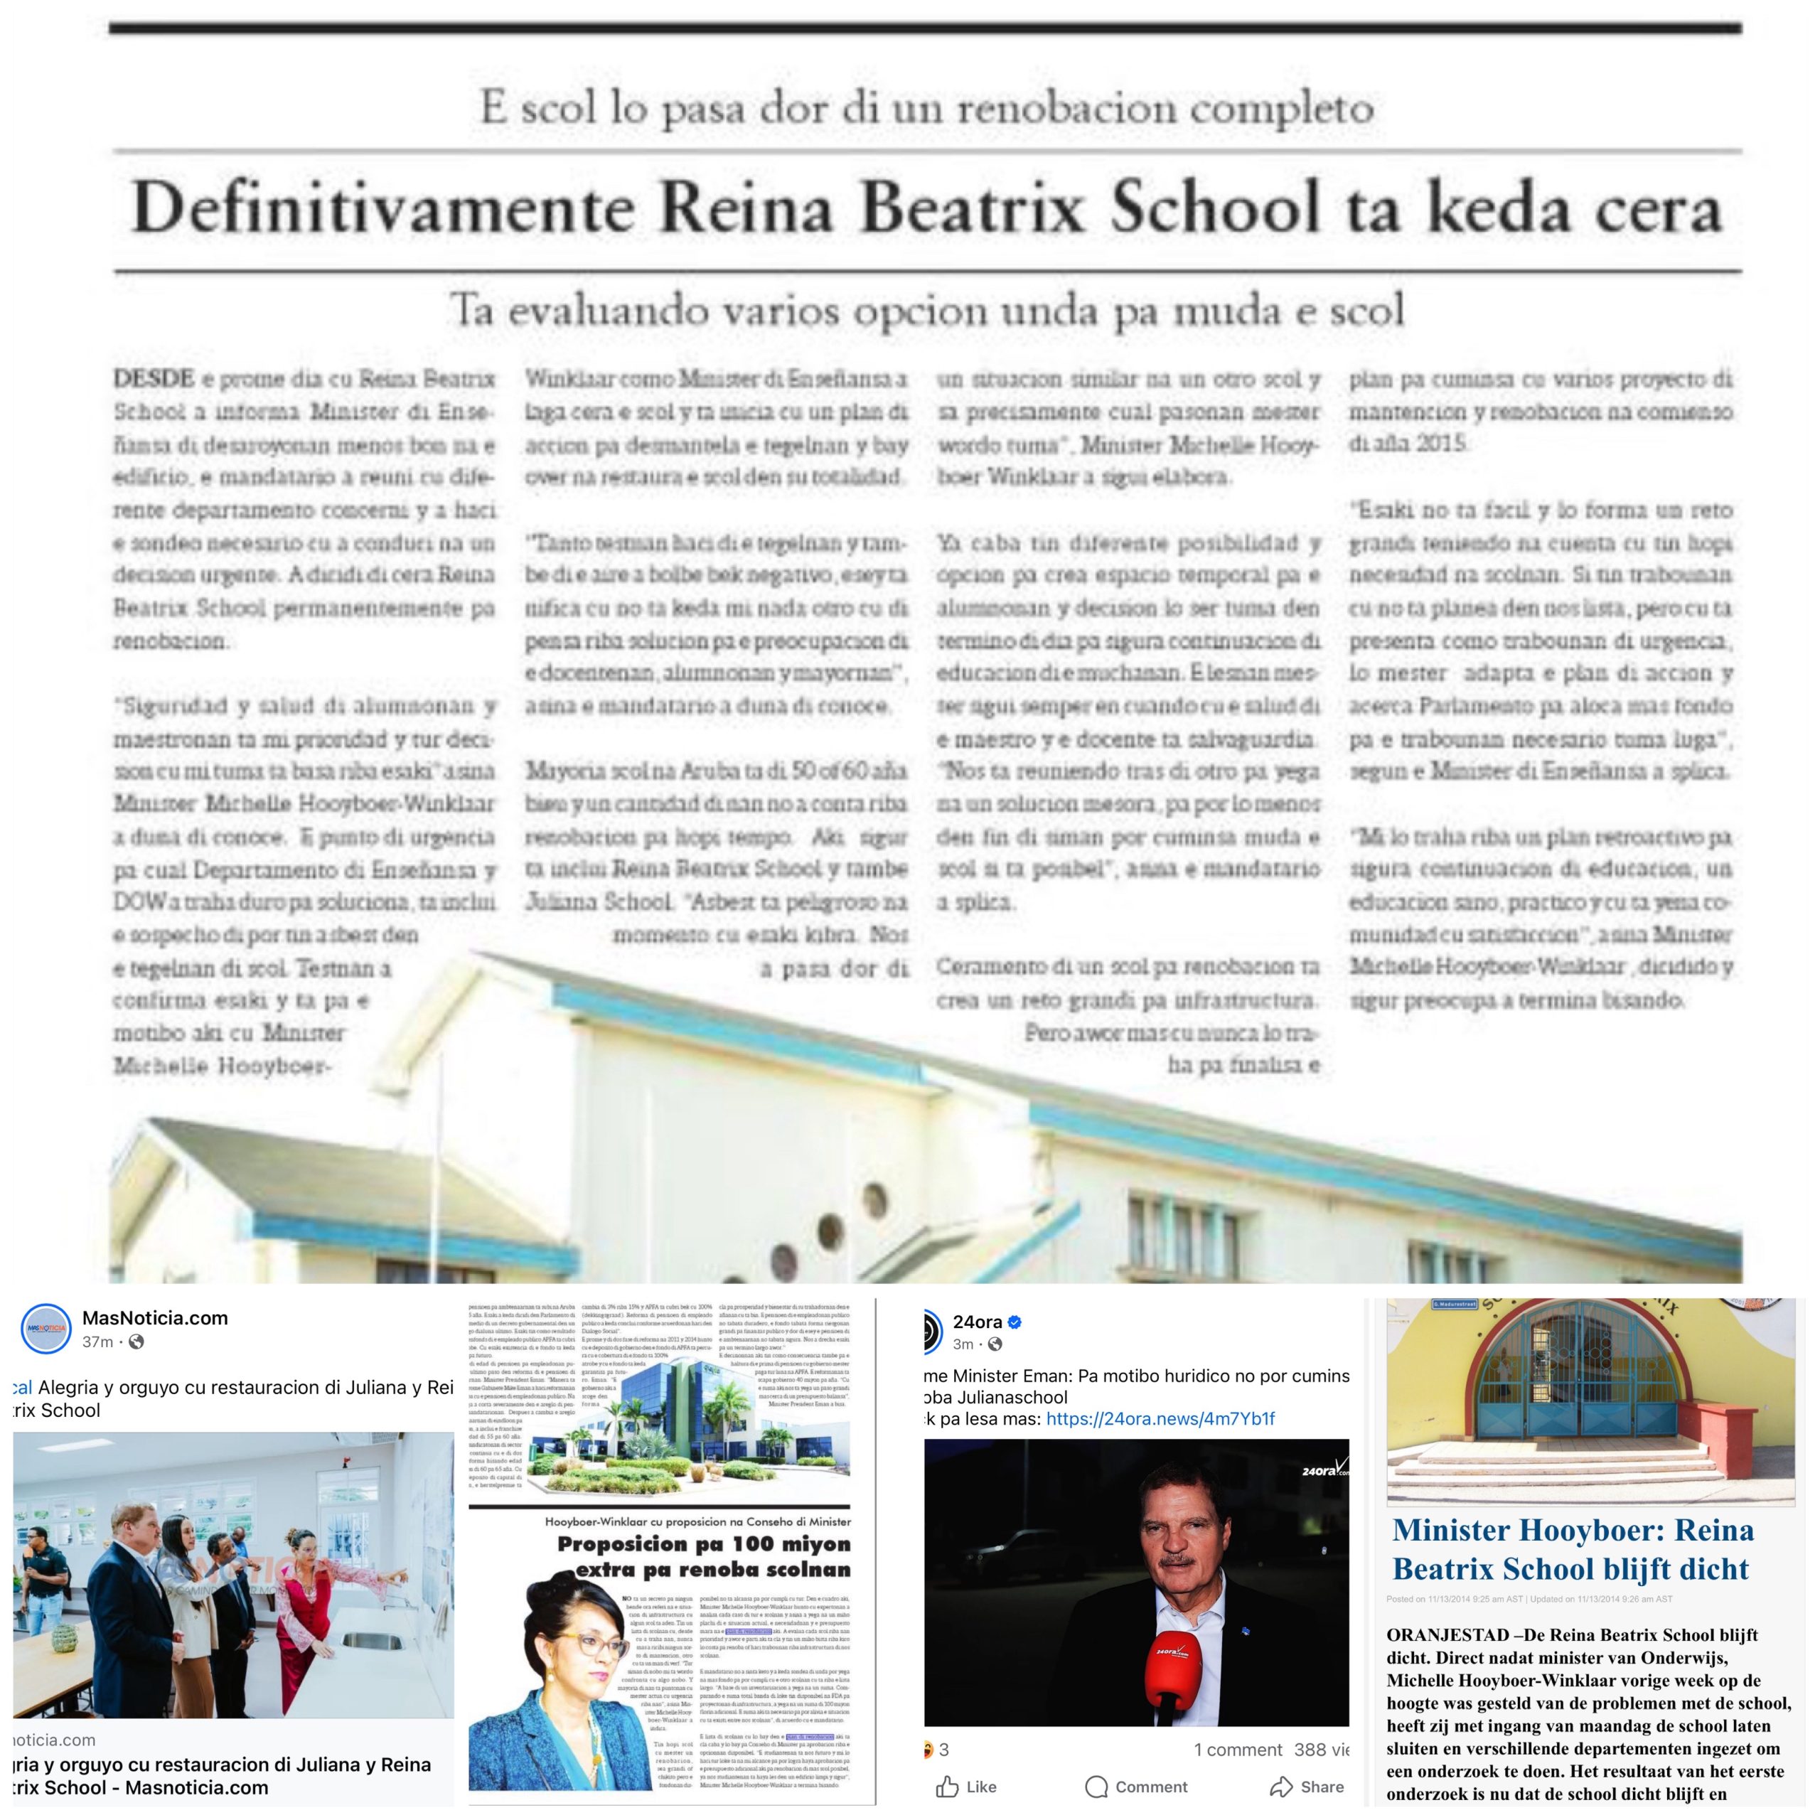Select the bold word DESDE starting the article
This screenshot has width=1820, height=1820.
point(154,379)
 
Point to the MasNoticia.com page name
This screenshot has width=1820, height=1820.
point(154,1318)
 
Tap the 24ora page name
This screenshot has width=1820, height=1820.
point(977,1322)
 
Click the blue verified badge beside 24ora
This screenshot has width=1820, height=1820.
point(1015,1322)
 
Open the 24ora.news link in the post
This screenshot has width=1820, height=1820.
point(1160,1419)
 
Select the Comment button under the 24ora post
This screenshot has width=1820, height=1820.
point(1136,1787)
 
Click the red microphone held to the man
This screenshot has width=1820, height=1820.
point(1173,1671)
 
